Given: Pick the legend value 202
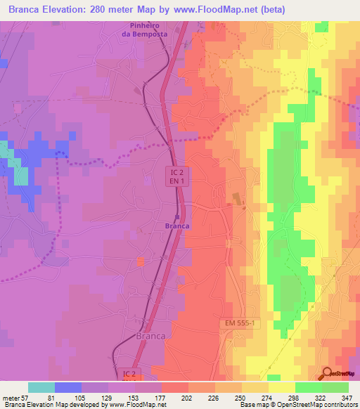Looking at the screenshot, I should [187, 397].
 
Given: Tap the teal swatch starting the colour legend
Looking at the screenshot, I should [41, 387].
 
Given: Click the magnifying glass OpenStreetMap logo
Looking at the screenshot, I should [326, 375].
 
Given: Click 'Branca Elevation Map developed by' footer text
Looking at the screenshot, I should [49, 405].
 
